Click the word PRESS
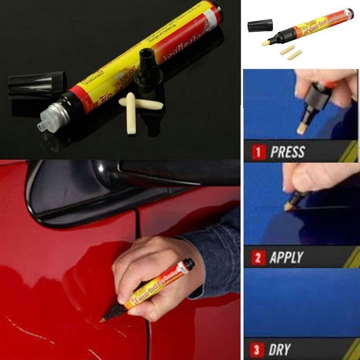pyautogui.click(x=287, y=152)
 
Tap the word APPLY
pyautogui.click(x=286, y=258)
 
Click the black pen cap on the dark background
pyautogui.click(x=36, y=85)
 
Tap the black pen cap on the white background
pyautogui.click(x=260, y=25)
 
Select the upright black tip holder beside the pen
pyautogui.click(x=148, y=68)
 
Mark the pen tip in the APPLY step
pyautogui.click(x=287, y=207)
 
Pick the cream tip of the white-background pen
pyautogui.click(x=266, y=43)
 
